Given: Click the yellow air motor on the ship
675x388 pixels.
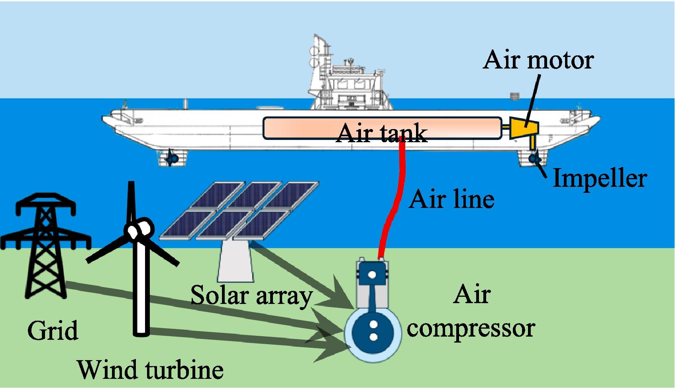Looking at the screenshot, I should [524, 128].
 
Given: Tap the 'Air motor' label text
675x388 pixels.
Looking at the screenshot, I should [538, 60].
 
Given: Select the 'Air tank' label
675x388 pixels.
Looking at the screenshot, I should [382, 133].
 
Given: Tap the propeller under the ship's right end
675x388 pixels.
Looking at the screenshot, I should [534, 159].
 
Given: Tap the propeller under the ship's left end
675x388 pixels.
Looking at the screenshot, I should [173, 159].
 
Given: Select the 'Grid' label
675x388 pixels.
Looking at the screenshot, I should [53, 331].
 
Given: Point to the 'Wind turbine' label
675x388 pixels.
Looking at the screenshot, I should [150, 369].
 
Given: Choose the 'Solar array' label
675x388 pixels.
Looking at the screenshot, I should [251, 296].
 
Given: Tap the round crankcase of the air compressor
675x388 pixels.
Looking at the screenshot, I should [373, 333].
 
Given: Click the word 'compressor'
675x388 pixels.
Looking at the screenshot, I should [471, 328].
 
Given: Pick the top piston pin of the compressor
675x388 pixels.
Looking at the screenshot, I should [372, 274].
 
